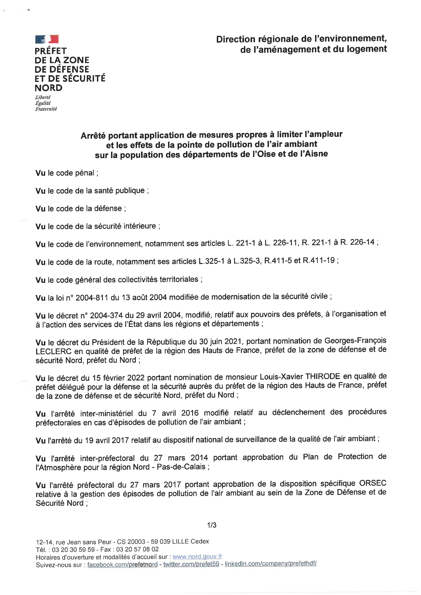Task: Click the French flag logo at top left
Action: (47, 39)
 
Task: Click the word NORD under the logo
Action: (49, 88)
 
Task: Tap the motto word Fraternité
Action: (46, 109)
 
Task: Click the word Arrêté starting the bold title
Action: (93, 136)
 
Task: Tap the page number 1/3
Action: (212, 525)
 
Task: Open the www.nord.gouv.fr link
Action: (197, 556)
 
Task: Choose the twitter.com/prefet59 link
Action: (191, 564)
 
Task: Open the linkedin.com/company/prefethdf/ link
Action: (270, 564)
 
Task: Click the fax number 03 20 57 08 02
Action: (137, 549)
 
